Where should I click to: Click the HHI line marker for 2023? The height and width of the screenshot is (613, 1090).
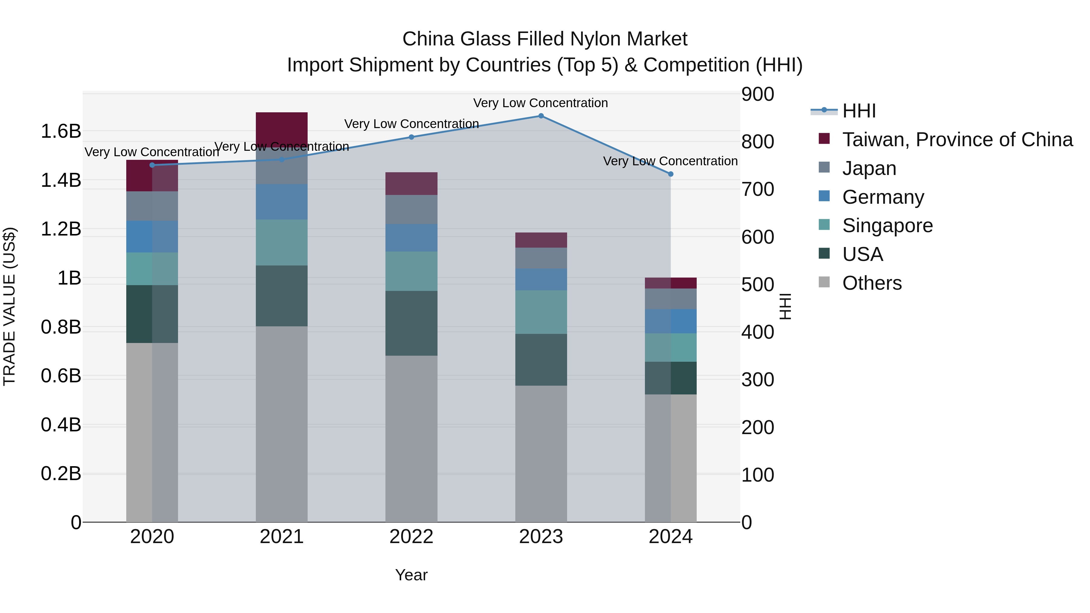tap(541, 116)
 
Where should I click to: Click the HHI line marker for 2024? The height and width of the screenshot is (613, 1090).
tap(670, 174)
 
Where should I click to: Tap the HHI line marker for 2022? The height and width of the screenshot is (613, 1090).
tap(411, 137)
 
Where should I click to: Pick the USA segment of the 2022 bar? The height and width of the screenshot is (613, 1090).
tap(411, 323)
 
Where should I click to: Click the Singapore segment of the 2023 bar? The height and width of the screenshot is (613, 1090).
tap(541, 312)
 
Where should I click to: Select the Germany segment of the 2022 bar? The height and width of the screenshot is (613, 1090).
tap(411, 238)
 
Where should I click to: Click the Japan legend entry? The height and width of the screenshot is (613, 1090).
tap(869, 168)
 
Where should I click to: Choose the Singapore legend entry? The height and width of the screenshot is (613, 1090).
tap(887, 226)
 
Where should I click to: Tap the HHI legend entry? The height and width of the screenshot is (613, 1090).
tap(859, 111)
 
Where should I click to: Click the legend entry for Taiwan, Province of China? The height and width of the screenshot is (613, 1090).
tap(957, 140)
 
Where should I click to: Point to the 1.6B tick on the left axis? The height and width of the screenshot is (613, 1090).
tap(61, 131)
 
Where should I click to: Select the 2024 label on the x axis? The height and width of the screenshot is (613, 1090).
tap(670, 537)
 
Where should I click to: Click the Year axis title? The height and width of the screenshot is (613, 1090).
tap(411, 575)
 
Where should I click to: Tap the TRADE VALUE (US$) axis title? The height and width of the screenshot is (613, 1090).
tap(9, 306)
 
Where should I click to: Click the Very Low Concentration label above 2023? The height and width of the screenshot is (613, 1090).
tap(540, 103)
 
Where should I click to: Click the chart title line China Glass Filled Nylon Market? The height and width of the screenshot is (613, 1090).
tap(545, 39)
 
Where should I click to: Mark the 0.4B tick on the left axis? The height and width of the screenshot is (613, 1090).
tap(61, 425)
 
